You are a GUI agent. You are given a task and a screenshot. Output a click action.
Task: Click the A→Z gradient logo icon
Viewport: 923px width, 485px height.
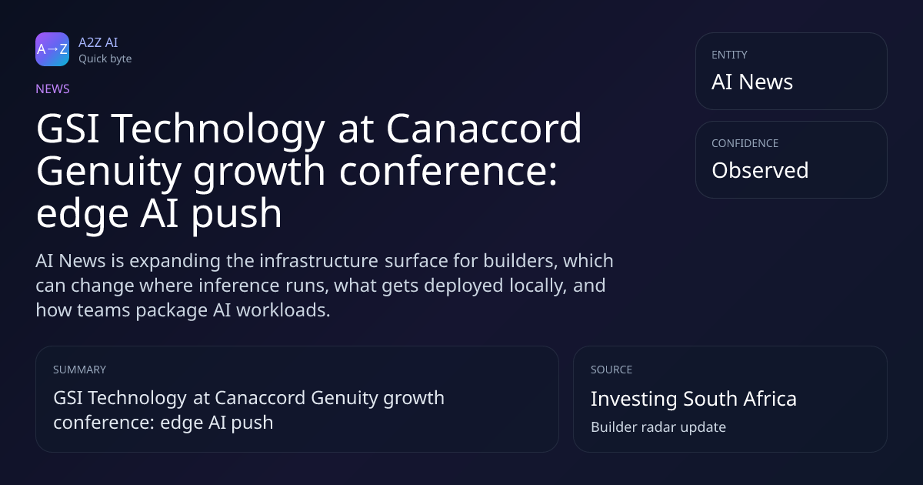(52, 49)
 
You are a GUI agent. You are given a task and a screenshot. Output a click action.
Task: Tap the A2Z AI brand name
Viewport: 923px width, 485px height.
(98, 42)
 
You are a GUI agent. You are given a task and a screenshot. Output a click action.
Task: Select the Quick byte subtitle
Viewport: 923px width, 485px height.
(105, 59)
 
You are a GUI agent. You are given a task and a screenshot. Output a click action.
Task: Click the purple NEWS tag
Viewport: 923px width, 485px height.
(53, 89)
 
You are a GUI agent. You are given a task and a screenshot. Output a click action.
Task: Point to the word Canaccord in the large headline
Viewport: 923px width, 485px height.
(484, 129)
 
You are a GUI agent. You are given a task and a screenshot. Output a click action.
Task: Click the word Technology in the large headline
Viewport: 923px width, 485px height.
(218, 130)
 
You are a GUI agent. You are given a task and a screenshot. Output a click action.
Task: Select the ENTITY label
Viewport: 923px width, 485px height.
(729, 55)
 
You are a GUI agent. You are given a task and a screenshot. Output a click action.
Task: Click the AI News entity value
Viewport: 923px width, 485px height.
(752, 82)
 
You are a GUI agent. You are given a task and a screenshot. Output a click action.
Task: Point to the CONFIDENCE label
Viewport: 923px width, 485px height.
(745, 143)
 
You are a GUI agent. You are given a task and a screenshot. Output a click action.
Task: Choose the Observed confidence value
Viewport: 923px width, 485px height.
(760, 170)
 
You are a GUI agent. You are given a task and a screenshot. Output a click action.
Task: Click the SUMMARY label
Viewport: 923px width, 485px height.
(79, 370)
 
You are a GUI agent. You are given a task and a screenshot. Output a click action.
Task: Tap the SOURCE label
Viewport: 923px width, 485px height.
(611, 370)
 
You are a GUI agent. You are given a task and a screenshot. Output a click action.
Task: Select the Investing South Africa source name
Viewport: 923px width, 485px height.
(694, 399)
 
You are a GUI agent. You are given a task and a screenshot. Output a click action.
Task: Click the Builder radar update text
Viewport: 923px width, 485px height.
(658, 426)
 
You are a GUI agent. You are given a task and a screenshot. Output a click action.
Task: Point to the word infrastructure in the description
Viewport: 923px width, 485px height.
(318, 261)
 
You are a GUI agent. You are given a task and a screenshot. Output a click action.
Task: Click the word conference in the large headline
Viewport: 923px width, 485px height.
(448, 171)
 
